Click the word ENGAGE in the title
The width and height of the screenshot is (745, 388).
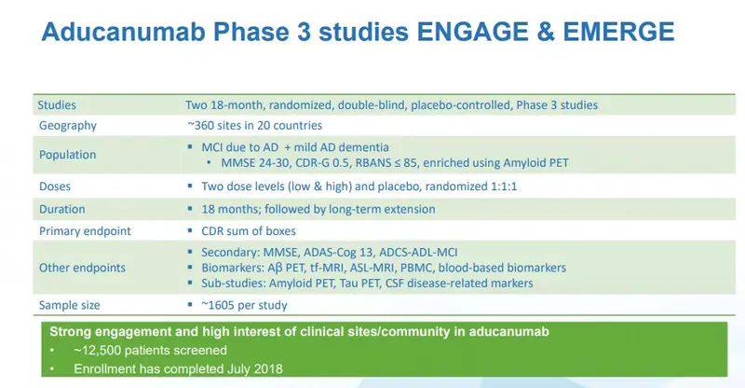pyautogui.click(x=473, y=32)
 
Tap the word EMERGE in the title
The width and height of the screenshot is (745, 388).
pyautogui.click(x=618, y=32)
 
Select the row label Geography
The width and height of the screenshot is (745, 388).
pyautogui.click(x=67, y=126)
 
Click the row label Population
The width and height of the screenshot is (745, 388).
pyautogui.click(x=67, y=155)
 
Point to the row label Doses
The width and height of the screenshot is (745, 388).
pyautogui.click(x=55, y=187)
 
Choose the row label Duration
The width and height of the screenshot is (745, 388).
pyautogui.click(x=62, y=209)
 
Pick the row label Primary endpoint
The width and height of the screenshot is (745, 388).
pyautogui.click(x=85, y=231)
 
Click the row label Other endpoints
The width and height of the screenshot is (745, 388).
pyautogui.click(x=82, y=268)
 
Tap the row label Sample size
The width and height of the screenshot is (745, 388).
pyautogui.click(x=69, y=305)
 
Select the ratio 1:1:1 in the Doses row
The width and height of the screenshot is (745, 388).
pyautogui.click(x=503, y=187)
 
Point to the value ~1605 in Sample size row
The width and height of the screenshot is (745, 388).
pyautogui.click(x=218, y=305)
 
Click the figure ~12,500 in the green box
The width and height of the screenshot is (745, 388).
pyautogui.click(x=98, y=351)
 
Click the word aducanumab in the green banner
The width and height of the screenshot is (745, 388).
pyautogui.click(x=508, y=331)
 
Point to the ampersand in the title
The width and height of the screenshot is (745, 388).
pyautogui.click(x=546, y=32)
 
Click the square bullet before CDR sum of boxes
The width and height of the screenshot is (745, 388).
pyautogui.click(x=190, y=231)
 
